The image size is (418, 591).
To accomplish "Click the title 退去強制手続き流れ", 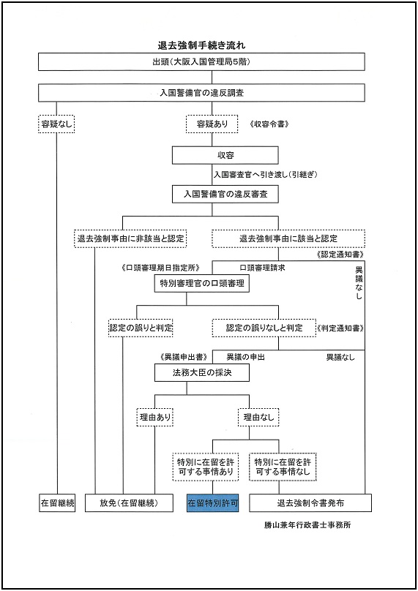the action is [201, 45].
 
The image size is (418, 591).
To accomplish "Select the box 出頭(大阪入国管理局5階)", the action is [201, 62].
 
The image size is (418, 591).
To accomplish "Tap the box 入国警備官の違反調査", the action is [201, 93].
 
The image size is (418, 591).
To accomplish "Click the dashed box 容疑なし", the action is [56, 124].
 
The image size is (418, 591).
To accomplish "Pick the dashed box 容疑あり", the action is [212, 124].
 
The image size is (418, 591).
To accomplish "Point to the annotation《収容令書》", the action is [269, 124].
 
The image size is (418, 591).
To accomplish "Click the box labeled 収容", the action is [225, 155].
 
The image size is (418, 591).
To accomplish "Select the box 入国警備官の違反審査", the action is [225, 194].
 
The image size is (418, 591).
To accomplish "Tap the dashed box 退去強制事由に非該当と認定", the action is [130, 238].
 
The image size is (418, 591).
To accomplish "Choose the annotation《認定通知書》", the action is [340, 255].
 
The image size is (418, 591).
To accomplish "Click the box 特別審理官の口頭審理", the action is [202, 283].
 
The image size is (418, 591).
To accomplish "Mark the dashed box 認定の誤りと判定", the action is [141, 328].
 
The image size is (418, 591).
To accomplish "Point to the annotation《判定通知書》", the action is [340, 328].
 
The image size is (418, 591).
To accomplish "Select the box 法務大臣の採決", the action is [202, 372].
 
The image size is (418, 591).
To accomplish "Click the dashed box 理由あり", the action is [154, 417].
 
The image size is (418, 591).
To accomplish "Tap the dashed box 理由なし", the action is [258, 417].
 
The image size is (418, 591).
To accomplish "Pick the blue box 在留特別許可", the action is [213, 502].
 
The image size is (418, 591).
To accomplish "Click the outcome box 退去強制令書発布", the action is [310, 502].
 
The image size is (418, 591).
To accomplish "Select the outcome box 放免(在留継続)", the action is [129, 502].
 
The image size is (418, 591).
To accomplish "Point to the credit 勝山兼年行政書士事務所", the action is [307, 524].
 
